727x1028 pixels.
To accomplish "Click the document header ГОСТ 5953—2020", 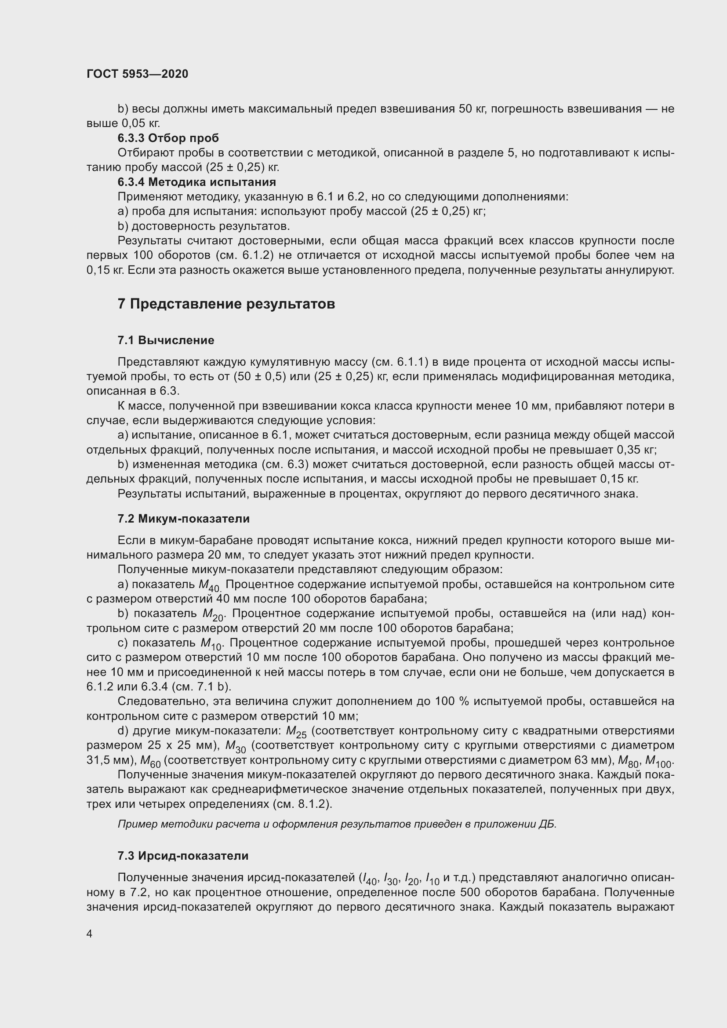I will [137, 74].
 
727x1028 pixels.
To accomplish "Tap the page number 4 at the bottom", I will [90, 934].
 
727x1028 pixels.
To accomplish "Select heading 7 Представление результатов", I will [226, 304].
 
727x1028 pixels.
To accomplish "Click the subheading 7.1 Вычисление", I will [166, 340].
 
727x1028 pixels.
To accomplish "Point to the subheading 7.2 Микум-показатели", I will [184, 519].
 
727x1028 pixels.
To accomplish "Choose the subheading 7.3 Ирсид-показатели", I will [183, 856].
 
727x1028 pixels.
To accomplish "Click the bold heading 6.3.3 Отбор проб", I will [168, 138].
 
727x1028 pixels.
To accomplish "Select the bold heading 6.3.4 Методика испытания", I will [196, 182].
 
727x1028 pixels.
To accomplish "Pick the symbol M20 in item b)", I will [213, 614].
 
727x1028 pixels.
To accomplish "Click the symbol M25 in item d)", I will [296, 732].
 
